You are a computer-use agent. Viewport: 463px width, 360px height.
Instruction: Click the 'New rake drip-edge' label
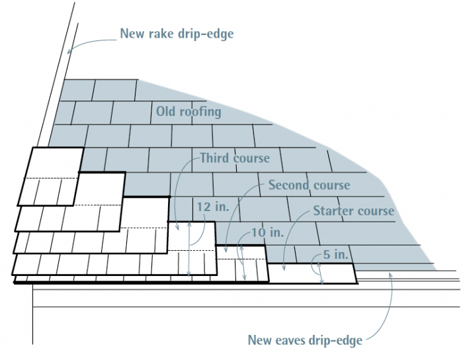[x=176, y=34]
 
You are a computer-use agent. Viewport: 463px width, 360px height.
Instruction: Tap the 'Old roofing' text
[x=189, y=111]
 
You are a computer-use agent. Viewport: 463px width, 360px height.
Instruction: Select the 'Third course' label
[x=235, y=158]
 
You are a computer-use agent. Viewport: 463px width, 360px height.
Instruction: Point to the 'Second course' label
[x=309, y=185]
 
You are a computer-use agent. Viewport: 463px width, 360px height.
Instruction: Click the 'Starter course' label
[x=353, y=212]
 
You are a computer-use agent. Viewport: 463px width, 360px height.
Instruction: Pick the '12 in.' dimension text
[x=212, y=207]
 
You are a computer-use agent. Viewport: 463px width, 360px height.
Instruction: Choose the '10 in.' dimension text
[x=267, y=234]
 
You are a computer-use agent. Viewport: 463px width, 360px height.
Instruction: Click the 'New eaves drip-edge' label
[x=305, y=340]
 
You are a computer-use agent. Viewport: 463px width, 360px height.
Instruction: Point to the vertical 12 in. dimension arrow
[x=190, y=248]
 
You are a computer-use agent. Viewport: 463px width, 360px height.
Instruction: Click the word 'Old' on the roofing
[x=166, y=111]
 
